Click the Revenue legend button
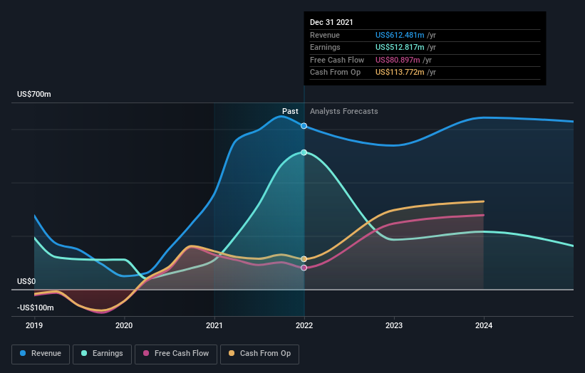pyautogui.click(x=41, y=353)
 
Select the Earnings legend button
pyautogui.click(x=101, y=353)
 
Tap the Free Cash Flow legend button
pyautogui.click(x=175, y=353)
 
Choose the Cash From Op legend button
pyautogui.click(x=260, y=353)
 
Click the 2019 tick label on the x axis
pyautogui.click(x=34, y=325)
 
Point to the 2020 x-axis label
pyautogui.click(x=124, y=325)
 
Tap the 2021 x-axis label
pyautogui.click(x=214, y=325)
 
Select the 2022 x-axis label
pyautogui.click(x=304, y=325)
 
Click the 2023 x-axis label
pyautogui.click(x=394, y=325)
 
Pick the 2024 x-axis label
pyautogui.click(x=484, y=325)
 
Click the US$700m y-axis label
pyautogui.click(x=33, y=95)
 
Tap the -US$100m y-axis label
pyautogui.click(x=36, y=308)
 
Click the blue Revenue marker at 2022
pyautogui.click(x=304, y=126)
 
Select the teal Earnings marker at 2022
pyautogui.click(x=304, y=152)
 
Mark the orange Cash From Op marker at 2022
pyautogui.click(x=304, y=259)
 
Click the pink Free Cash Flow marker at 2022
pyautogui.click(x=304, y=268)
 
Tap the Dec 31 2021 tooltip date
pyautogui.click(x=331, y=23)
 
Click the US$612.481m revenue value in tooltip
pyautogui.click(x=400, y=36)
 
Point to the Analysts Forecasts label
pyautogui.click(x=343, y=111)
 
